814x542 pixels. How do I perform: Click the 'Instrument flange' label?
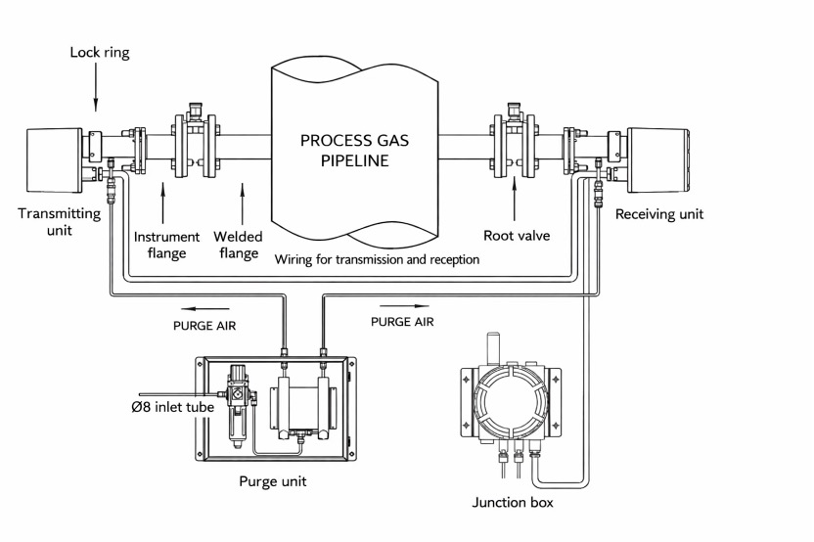coord(165,244)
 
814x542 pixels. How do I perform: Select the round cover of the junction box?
coord(508,401)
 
